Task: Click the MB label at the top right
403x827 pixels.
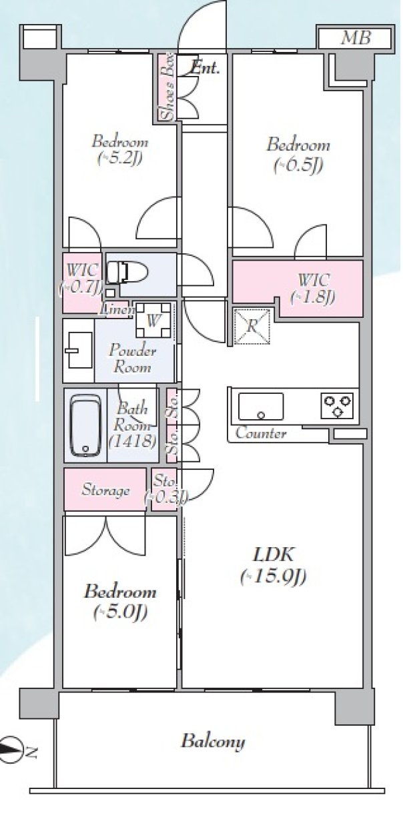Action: [x=356, y=38]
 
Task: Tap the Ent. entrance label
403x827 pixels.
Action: [x=205, y=67]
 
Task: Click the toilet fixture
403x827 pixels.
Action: [x=127, y=273]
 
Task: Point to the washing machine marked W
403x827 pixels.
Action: [x=153, y=321]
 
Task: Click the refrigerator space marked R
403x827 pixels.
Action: [x=252, y=327]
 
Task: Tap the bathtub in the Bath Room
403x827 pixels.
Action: [x=86, y=426]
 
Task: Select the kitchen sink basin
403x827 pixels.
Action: [x=261, y=407]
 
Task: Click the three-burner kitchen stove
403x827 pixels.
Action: [x=337, y=405]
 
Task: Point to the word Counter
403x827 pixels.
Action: [x=261, y=432]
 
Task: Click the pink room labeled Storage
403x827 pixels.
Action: [x=105, y=490]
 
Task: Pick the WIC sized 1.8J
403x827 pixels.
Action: [x=313, y=288]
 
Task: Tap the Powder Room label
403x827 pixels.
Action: [x=132, y=359]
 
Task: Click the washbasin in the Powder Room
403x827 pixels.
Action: [x=78, y=350]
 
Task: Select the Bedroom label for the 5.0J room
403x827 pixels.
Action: [x=120, y=592]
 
